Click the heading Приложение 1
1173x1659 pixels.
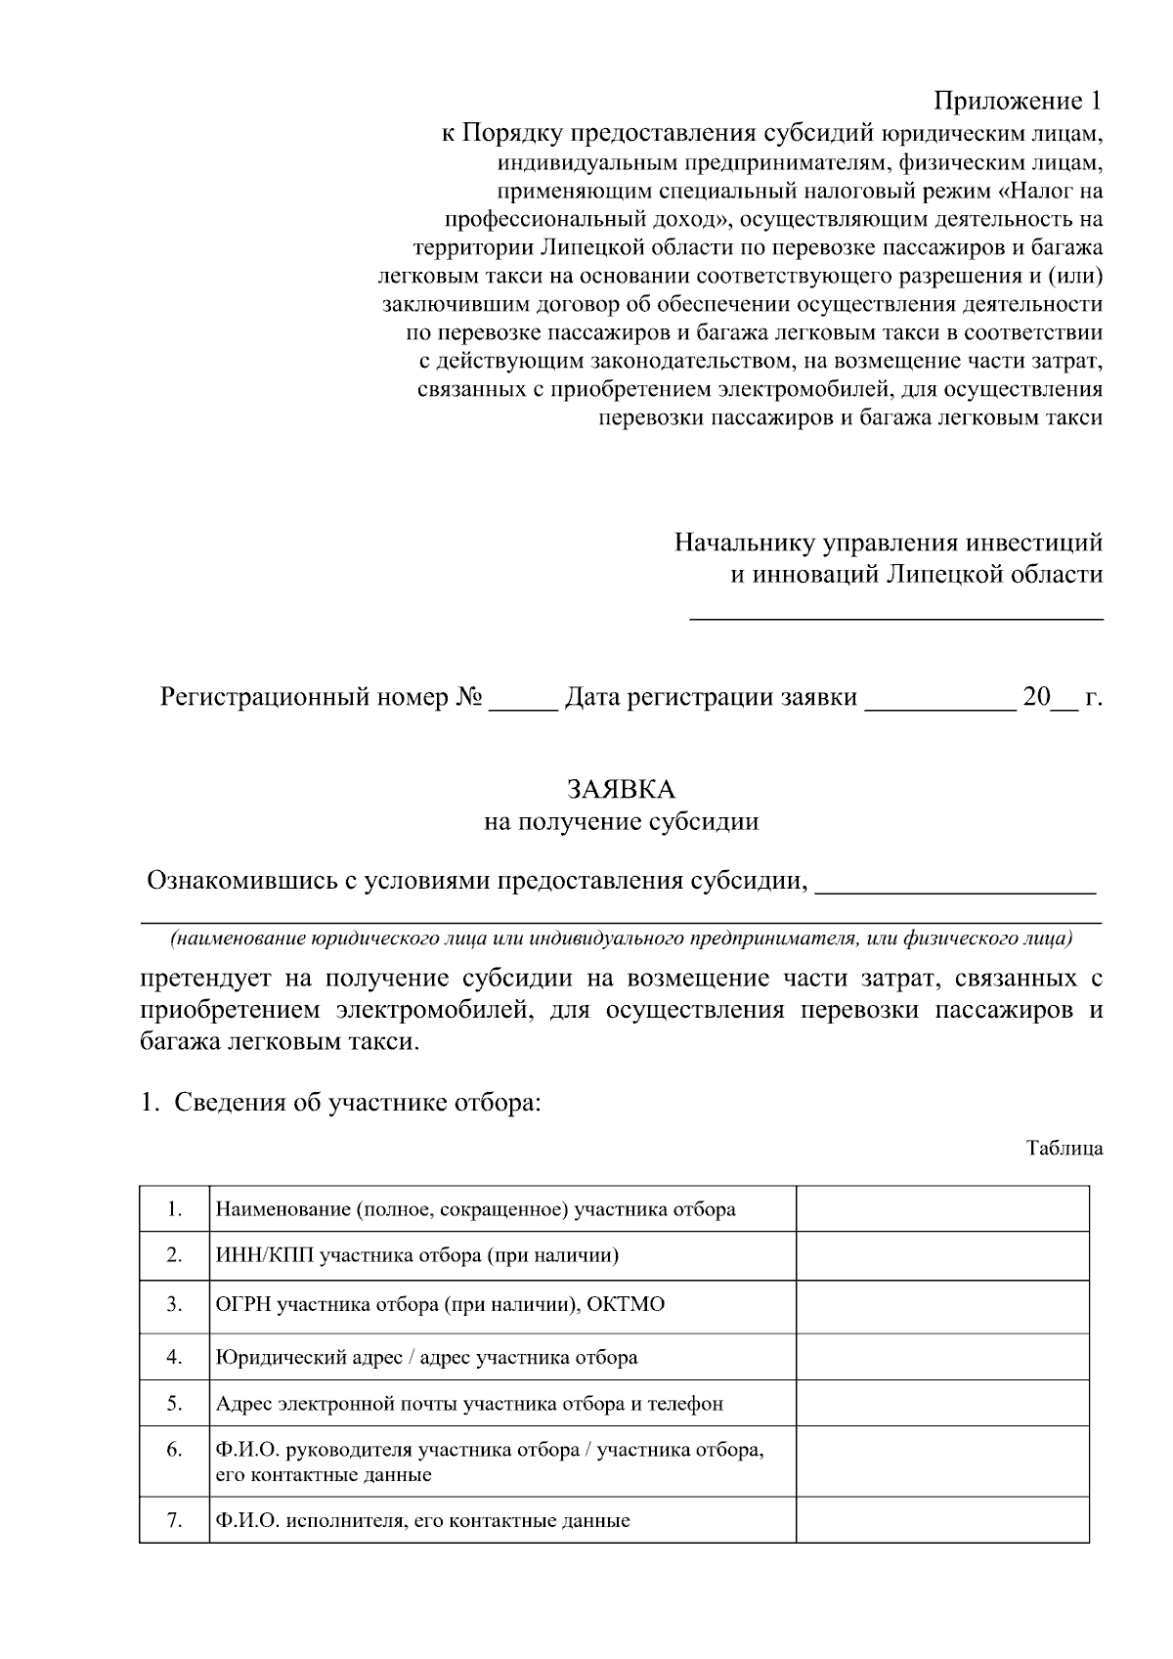[1018, 101]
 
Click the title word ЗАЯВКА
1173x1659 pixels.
[622, 788]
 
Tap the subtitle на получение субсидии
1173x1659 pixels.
[622, 821]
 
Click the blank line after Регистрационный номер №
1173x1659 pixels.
[522, 702]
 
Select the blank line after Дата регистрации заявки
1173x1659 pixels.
[939, 702]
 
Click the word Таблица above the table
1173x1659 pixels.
[1064, 1149]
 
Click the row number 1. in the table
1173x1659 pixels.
[175, 1209]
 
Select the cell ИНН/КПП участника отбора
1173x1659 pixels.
[417, 1255]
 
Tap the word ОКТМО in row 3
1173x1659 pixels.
[626, 1305]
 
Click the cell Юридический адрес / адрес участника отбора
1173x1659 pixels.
[426, 1358]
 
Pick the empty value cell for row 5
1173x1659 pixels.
[942, 1404]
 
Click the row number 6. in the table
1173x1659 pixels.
[175, 1450]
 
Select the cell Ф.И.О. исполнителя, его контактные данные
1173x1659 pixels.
[422, 1521]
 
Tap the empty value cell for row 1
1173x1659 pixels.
[942, 1209]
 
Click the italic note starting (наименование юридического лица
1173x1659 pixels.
[622, 939]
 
